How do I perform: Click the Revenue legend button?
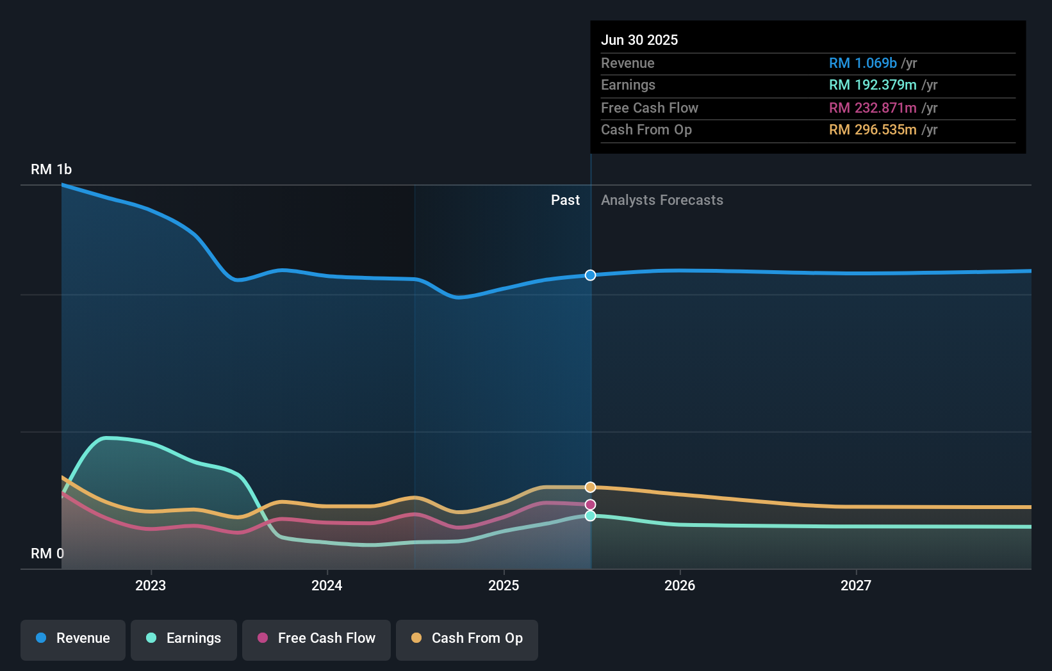(73, 638)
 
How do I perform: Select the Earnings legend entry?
(184, 638)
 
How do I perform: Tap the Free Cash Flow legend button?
(316, 638)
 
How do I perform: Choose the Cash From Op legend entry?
(467, 638)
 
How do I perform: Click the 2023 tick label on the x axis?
(151, 585)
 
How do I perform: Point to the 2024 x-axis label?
(327, 585)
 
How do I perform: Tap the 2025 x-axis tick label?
(504, 585)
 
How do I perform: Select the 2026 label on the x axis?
(680, 585)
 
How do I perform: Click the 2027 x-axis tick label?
(856, 585)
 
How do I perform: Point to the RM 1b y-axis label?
(51, 170)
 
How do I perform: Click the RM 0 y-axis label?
(47, 553)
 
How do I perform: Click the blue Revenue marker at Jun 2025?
(590, 275)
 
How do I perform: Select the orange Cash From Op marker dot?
(590, 487)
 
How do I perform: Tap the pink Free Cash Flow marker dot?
(590, 505)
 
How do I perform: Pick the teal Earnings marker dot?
(590, 516)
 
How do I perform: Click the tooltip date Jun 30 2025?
(639, 40)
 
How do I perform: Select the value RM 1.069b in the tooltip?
(862, 63)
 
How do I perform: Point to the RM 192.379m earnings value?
(872, 85)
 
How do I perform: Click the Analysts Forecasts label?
(662, 200)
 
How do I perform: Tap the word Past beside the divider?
(565, 200)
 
